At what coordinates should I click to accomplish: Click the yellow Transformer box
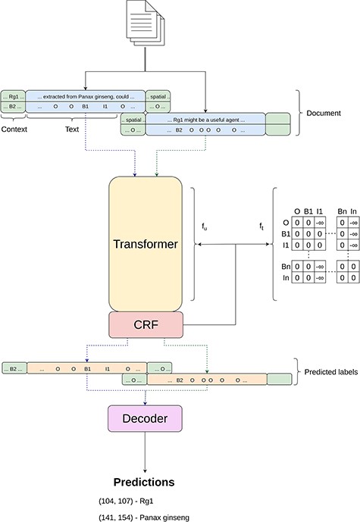pyautogui.click(x=144, y=244)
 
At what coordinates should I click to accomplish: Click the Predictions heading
pyautogui.click(x=144, y=482)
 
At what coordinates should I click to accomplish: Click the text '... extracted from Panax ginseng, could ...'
pyautogui.click(x=85, y=97)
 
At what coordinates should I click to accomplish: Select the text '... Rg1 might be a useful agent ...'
pyautogui.click(x=205, y=119)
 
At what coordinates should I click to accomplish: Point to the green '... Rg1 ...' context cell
pyautogui.click(x=13, y=97)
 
